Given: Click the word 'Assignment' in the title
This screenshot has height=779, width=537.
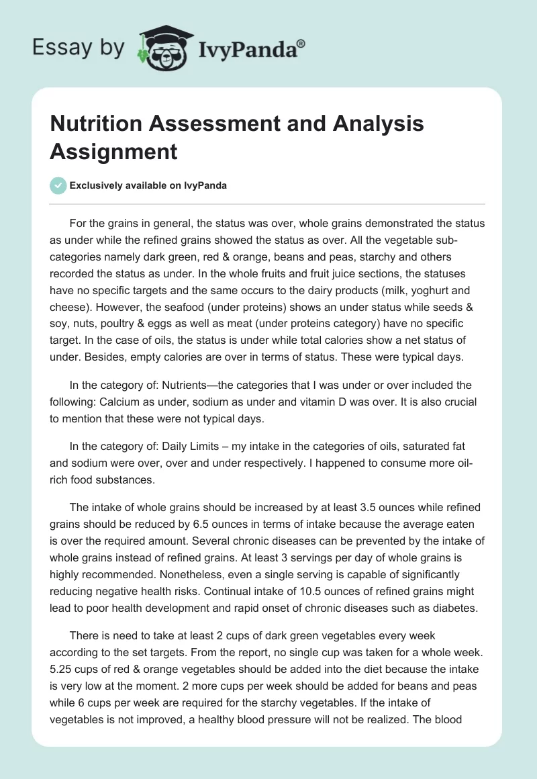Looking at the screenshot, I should coord(113,151).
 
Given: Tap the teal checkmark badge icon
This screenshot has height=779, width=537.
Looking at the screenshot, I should coord(58,185).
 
